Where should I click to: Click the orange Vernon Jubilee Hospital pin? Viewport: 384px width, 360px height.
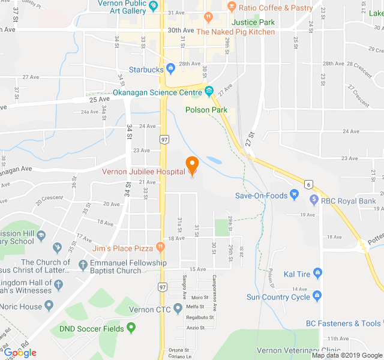click(192, 165)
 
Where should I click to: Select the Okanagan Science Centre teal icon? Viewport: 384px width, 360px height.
click(209, 92)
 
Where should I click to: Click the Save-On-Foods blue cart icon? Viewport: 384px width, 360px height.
click(294, 194)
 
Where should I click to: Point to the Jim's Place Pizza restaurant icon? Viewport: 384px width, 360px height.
click(160, 247)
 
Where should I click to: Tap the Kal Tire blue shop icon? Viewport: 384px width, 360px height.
click(317, 274)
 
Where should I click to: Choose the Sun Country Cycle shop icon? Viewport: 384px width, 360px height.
click(317, 296)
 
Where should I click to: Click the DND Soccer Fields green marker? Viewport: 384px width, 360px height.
click(131, 328)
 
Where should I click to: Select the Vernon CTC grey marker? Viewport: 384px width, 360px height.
click(178, 310)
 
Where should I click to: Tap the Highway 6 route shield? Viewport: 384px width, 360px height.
click(308, 184)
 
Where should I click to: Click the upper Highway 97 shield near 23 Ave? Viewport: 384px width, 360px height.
click(164, 139)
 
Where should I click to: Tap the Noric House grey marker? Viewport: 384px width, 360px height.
click(49, 306)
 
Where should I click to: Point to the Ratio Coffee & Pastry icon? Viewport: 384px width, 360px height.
click(231, 7)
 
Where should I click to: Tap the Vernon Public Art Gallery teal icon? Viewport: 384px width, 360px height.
click(154, 7)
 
